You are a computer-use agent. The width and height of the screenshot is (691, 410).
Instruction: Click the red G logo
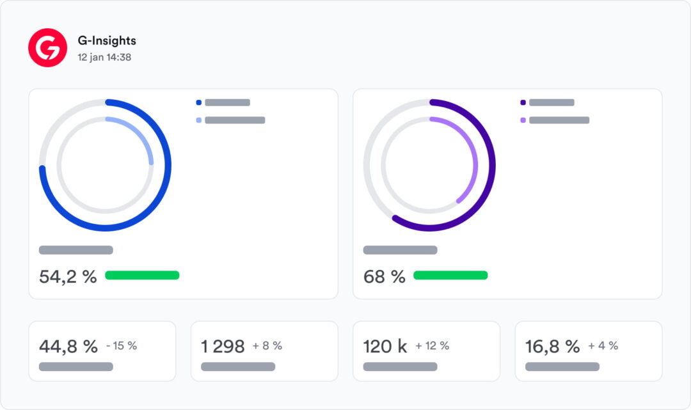pos(47,47)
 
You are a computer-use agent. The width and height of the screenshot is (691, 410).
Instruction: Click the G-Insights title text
pos(107,40)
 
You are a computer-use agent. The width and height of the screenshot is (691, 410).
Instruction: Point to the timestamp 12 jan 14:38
pos(104,58)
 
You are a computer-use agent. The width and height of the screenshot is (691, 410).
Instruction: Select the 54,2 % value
pos(68,276)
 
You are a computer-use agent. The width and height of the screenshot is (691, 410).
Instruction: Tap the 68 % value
pos(385,276)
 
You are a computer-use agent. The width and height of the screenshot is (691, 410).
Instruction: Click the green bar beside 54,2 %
pos(142,275)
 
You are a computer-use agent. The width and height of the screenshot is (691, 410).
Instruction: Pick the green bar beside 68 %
pos(450,275)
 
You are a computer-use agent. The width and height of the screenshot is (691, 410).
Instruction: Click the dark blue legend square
pos(199,102)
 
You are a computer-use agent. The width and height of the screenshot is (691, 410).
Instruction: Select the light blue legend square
pos(199,120)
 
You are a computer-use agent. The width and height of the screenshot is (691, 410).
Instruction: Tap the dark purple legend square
pos(523,102)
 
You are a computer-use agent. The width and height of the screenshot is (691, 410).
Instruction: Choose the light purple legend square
pos(523,120)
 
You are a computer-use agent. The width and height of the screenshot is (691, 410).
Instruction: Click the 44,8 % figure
pos(68,347)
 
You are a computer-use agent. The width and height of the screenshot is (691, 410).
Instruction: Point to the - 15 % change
pos(122,345)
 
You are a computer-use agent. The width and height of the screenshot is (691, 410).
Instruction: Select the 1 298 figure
pos(223,347)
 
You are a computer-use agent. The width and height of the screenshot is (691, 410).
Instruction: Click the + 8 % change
pos(267,345)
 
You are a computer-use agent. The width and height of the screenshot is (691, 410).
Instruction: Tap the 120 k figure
pos(385,347)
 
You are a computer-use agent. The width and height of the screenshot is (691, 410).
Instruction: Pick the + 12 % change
pos(432,345)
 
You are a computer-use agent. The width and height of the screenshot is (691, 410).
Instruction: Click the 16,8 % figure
pos(553,347)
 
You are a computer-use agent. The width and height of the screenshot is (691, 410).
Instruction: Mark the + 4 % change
pos(603,345)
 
